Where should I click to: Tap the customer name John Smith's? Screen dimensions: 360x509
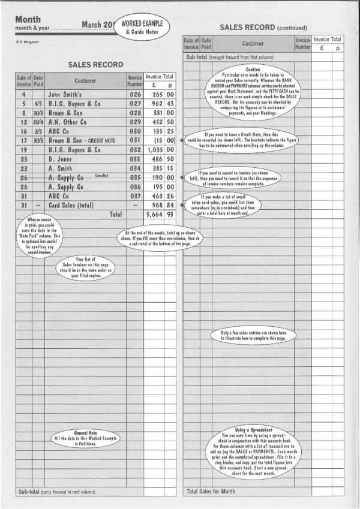[x=68, y=94]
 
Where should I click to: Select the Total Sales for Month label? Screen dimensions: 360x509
[x=212, y=492]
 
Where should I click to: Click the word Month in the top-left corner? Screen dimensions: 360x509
[x=28, y=19]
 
